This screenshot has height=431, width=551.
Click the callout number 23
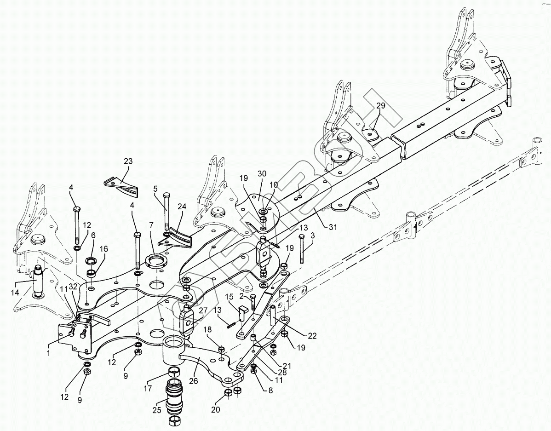(127, 161)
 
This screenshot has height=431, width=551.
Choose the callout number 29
(380, 106)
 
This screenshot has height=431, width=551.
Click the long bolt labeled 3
(301, 248)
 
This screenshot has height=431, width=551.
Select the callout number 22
(312, 336)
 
